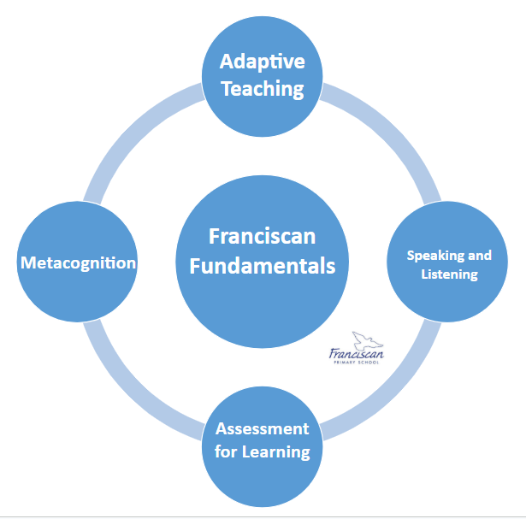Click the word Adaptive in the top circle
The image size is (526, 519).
pos(262,62)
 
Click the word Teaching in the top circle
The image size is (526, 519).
pos(262,87)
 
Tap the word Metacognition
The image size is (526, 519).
pos(78,262)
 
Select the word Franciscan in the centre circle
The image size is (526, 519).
pos(262,237)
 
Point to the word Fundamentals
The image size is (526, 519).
pos(262,265)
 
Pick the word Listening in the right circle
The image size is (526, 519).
pos(449,274)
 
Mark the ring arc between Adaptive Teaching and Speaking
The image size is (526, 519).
pos(389,137)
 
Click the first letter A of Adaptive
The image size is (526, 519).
pos(226,62)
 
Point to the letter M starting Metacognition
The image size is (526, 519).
pos(27,262)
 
